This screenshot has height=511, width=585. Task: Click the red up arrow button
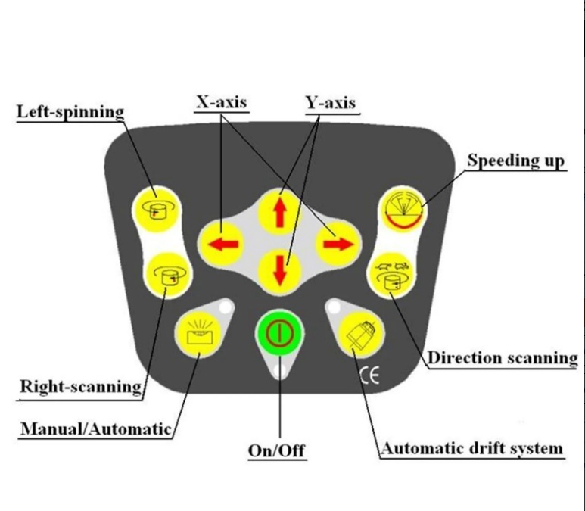(x=280, y=211)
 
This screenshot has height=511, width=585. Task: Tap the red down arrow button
(x=280, y=271)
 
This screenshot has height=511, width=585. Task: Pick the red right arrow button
(x=338, y=244)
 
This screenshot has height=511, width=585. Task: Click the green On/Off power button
(x=280, y=332)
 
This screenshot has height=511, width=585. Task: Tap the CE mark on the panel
(x=370, y=375)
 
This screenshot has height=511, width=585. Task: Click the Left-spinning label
(x=70, y=111)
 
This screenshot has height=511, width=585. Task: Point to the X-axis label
(x=222, y=102)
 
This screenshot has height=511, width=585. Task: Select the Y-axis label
(x=331, y=103)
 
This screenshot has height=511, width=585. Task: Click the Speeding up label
(x=516, y=160)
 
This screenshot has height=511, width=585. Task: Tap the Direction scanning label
(x=503, y=357)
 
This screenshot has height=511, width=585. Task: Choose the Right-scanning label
(x=80, y=386)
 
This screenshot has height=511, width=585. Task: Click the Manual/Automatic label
(x=96, y=429)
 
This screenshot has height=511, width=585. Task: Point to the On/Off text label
(x=276, y=450)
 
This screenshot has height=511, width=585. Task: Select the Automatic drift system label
(x=472, y=448)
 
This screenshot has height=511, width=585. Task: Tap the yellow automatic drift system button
(x=361, y=332)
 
